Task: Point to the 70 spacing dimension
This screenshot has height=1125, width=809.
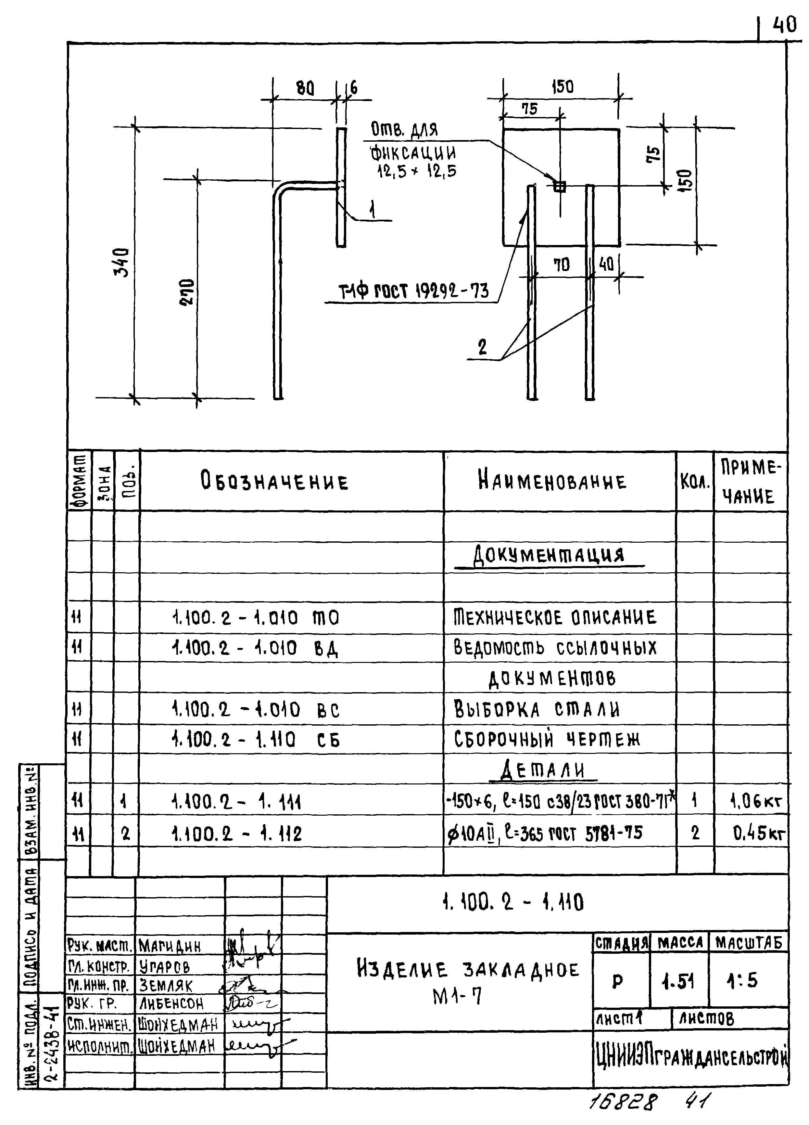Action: point(561,265)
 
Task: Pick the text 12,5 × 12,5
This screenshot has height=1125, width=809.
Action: point(416,172)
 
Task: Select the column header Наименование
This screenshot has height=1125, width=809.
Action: point(552,481)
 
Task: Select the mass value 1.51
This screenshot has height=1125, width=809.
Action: point(678,981)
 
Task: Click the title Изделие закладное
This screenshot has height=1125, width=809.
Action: point(467,970)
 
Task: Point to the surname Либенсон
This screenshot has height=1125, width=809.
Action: point(171,1004)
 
